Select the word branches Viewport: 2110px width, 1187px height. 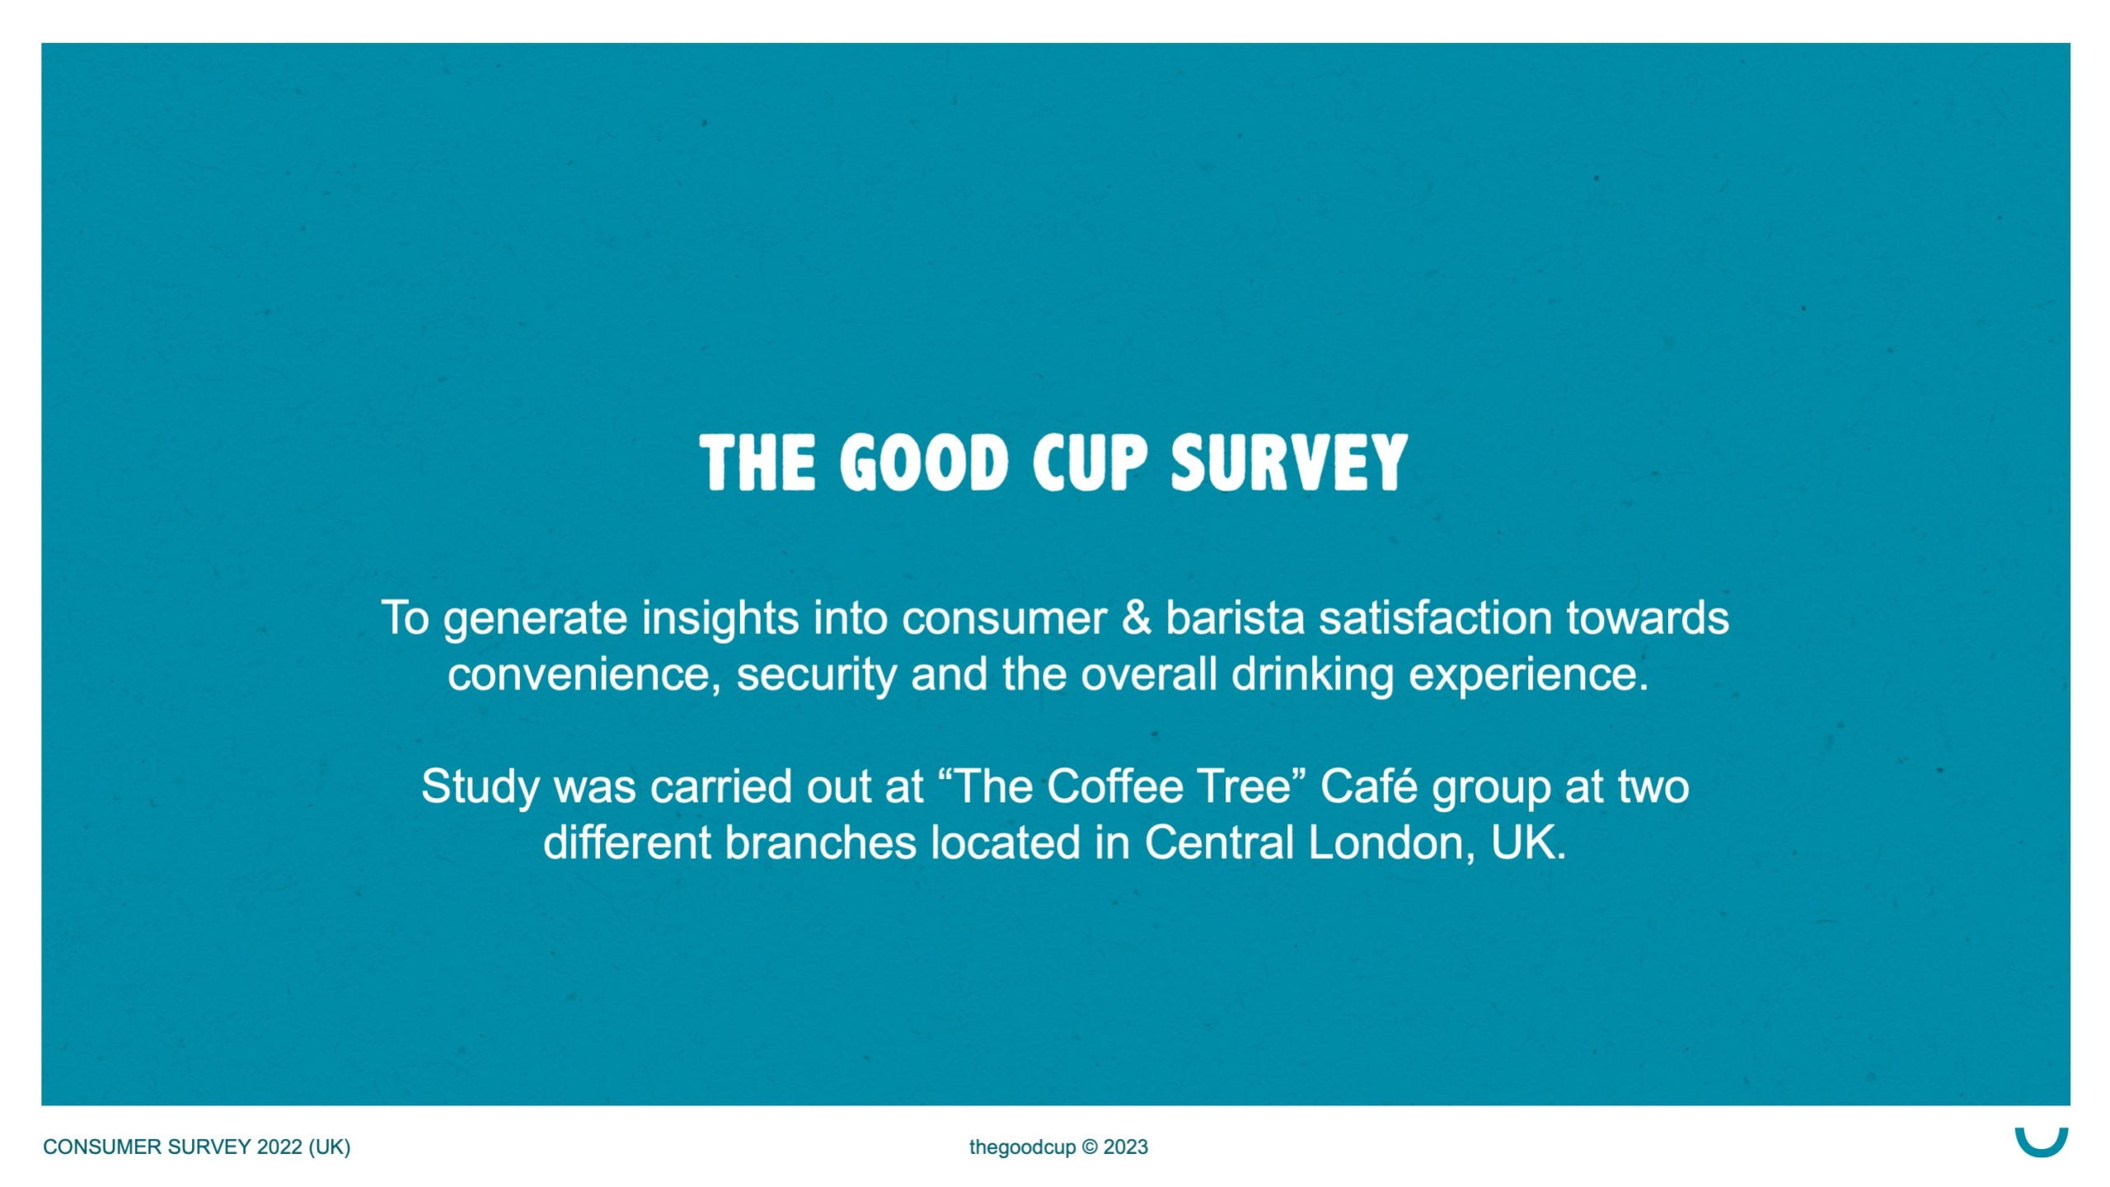[x=821, y=842]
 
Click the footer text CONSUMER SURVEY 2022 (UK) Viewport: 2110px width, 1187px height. [x=197, y=1147]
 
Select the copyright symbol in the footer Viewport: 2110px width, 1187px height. [x=1090, y=1147]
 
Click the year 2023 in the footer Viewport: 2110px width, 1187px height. [x=1126, y=1147]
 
